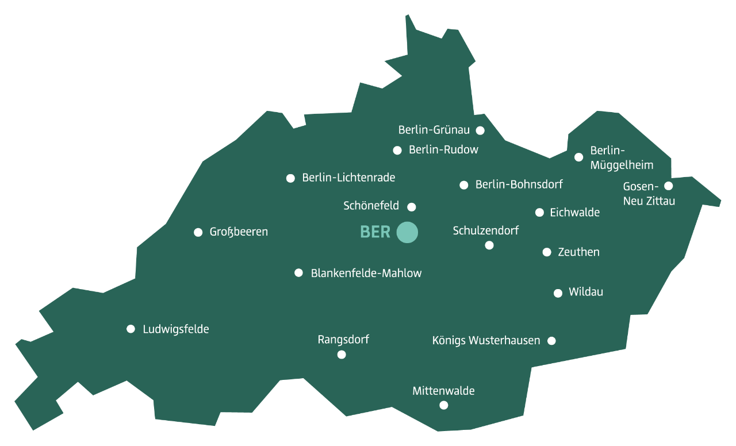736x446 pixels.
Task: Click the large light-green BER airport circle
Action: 407,232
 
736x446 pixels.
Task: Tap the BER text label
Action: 375,232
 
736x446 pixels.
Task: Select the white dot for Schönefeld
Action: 412,207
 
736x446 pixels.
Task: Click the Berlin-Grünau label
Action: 434,130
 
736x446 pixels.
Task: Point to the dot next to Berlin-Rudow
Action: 397,151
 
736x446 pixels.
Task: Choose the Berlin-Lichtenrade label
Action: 348,178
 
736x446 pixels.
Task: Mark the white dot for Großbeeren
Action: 198,232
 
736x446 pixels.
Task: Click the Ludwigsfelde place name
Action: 175,329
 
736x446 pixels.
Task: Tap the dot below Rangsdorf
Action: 342,355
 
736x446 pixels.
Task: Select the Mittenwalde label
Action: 443,391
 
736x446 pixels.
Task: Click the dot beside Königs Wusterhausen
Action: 551,341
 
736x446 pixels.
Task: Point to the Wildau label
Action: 585,292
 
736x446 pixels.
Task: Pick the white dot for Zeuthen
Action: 547,252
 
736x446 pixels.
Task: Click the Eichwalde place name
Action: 574,213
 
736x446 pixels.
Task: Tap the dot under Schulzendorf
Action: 489,245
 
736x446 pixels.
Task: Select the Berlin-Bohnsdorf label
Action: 519,184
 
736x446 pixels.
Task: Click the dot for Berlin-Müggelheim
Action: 579,157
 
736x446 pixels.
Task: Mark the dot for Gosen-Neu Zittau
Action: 668,186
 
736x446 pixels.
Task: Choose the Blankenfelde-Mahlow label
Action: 366,274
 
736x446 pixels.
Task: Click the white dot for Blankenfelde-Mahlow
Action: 298,273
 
